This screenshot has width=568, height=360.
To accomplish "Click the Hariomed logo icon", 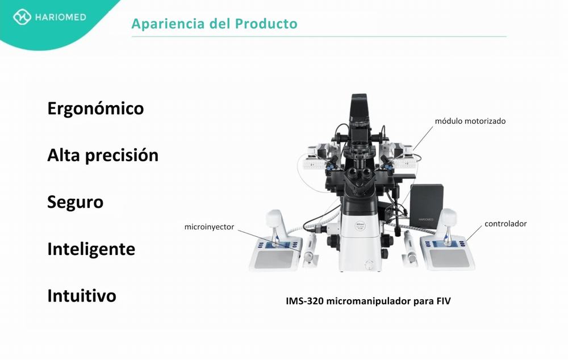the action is click(x=22, y=17).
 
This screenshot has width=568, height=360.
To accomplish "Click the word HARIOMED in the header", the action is click(x=61, y=17).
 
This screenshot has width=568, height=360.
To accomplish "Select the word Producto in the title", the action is click(x=266, y=23).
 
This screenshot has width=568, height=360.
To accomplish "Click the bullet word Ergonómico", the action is click(x=95, y=108).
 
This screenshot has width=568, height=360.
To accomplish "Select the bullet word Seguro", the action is click(x=76, y=202).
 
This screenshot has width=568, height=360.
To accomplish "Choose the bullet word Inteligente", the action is click(x=91, y=249).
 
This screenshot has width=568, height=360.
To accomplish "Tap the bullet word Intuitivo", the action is click(x=82, y=295).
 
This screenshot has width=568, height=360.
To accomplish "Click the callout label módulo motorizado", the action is click(x=470, y=121).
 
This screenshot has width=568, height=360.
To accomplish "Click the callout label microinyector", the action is click(x=209, y=227).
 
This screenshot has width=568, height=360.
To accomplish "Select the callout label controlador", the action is click(x=506, y=224).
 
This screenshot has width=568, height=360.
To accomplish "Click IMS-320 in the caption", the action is click(x=304, y=302).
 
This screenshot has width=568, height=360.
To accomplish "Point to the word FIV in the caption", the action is click(x=444, y=302).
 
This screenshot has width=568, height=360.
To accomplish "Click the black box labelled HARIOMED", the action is click(x=427, y=206).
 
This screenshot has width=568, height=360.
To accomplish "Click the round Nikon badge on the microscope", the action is click(x=360, y=225).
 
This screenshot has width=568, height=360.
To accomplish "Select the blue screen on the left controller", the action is click(x=278, y=245).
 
